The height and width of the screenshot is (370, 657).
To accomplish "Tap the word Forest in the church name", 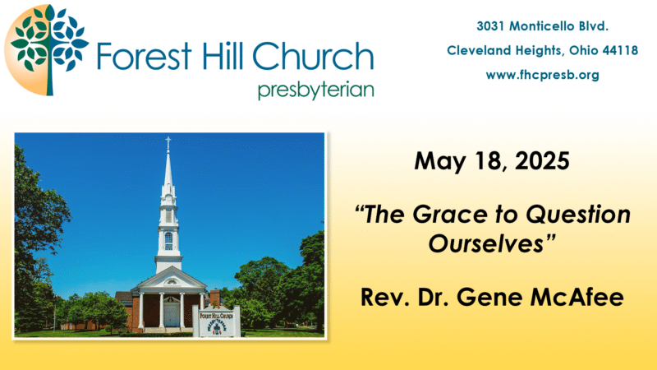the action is [x=145, y=56].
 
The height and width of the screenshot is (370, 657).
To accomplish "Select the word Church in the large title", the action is [x=313, y=56].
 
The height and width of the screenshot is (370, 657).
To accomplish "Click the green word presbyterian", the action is [x=316, y=90].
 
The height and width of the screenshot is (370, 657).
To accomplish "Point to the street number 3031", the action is [x=490, y=26].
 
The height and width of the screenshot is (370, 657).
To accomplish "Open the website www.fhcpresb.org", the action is [x=543, y=75].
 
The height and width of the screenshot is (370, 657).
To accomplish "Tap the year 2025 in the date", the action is [x=542, y=161].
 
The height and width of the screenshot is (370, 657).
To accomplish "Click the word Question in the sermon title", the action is [x=578, y=215].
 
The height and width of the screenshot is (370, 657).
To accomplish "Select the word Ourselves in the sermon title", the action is [x=486, y=243].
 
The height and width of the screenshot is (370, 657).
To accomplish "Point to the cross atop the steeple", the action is [x=168, y=142].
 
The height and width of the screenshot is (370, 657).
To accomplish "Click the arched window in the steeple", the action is [x=168, y=241].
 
